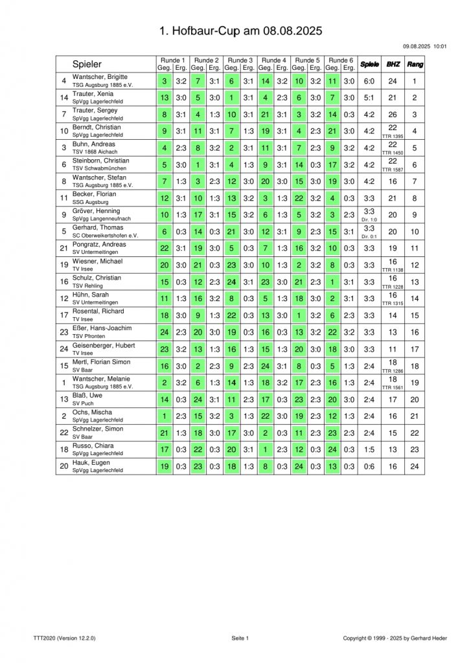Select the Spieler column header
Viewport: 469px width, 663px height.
87,64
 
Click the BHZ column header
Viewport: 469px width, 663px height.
393,64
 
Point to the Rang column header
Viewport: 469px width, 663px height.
415,64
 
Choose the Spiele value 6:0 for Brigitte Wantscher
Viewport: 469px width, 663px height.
369,81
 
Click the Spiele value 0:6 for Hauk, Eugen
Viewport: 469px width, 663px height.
369,466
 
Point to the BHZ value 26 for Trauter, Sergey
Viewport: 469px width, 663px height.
393,115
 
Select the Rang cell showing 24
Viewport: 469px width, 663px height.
415,466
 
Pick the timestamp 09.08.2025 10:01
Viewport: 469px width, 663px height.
424,46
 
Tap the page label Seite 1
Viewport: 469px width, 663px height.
240,638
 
